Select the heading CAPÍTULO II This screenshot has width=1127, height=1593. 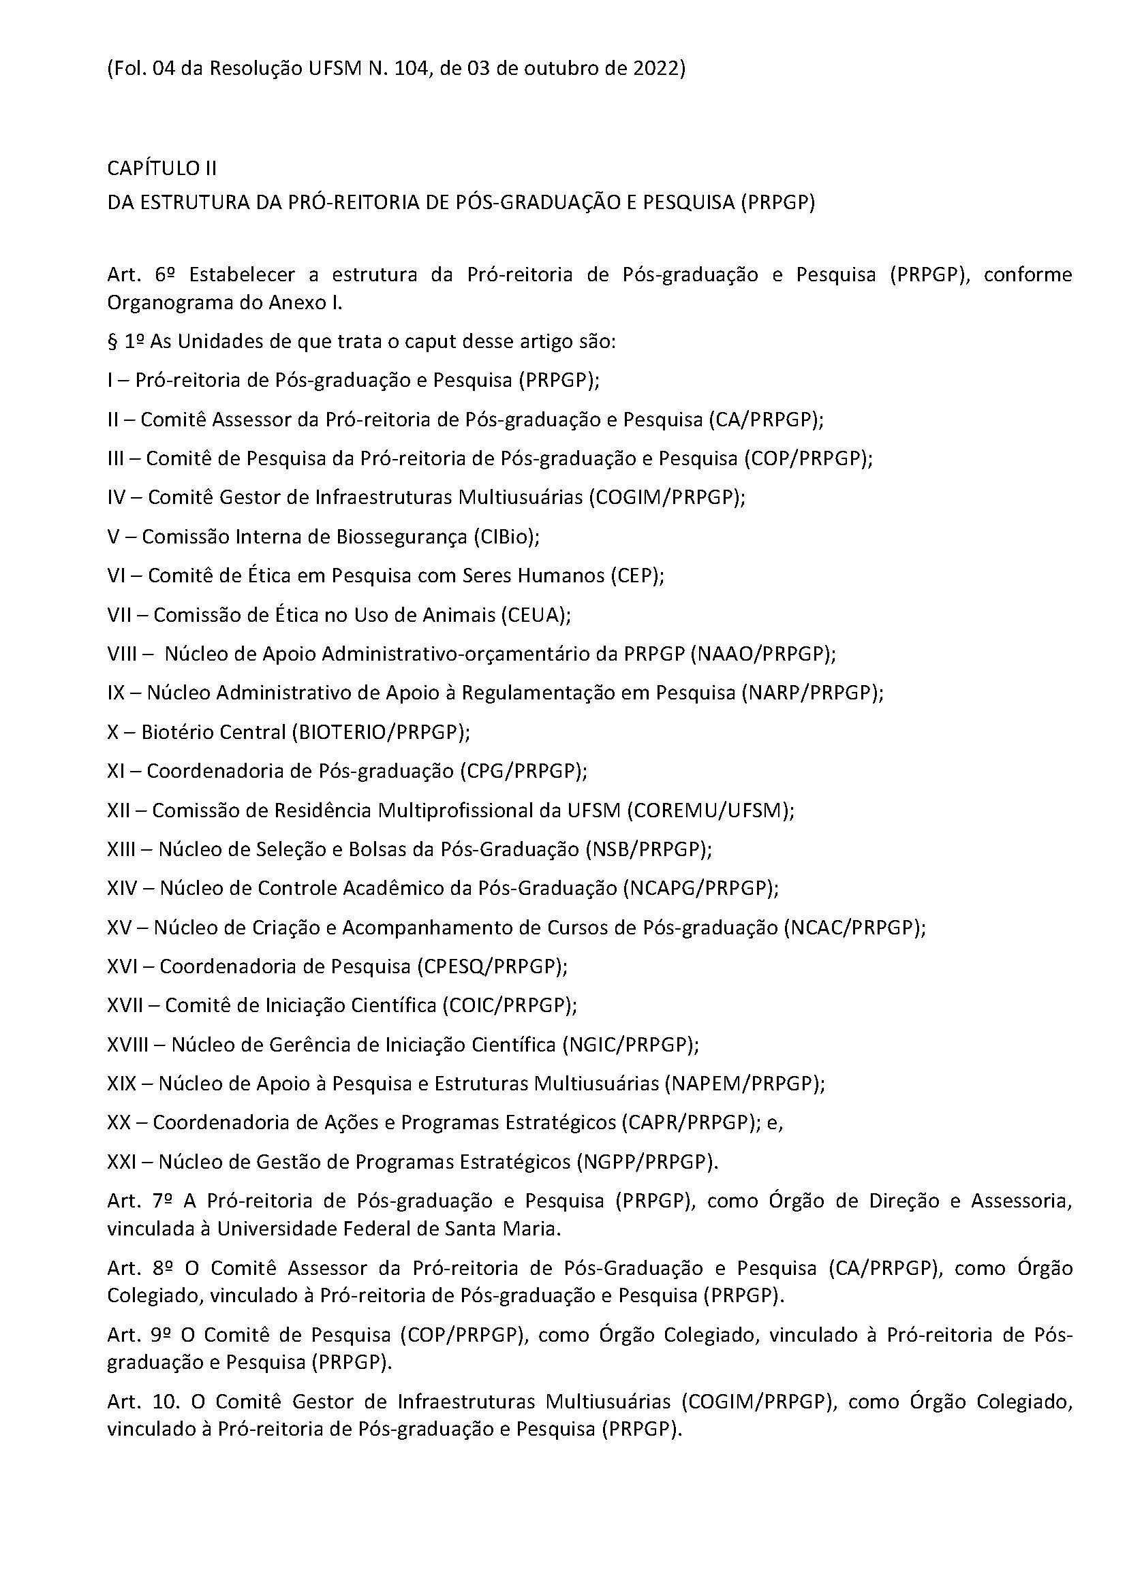pyautogui.click(x=162, y=169)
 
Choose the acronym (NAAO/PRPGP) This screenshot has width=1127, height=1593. pyautogui.click(x=763, y=654)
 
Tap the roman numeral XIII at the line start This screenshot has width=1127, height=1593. pyautogui.click(x=121, y=849)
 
